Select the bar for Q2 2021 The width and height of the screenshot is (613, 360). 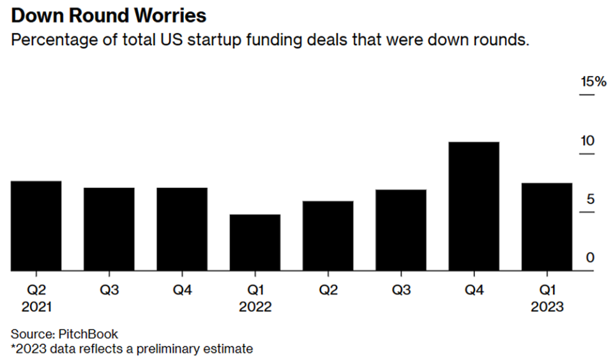[x=36, y=226]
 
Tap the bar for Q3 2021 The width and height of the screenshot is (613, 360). [x=109, y=229]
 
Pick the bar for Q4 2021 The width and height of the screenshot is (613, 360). [x=182, y=229]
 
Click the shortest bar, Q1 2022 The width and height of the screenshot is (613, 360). [x=255, y=243]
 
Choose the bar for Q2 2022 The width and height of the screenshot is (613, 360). [x=328, y=236]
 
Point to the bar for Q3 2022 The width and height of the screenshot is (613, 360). [x=401, y=230]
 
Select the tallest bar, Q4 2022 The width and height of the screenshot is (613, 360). [x=474, y=206]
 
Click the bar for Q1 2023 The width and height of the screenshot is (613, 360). [x=547, y=227]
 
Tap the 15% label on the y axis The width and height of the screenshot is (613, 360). [x=593, y=82]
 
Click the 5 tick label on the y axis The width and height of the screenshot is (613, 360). [x=591, y=200]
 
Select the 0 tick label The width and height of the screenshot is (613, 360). [x=591, y=259]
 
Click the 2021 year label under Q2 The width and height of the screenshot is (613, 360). [x=36, y=307]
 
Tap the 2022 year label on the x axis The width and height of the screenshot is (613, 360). [x=255, y=307]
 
